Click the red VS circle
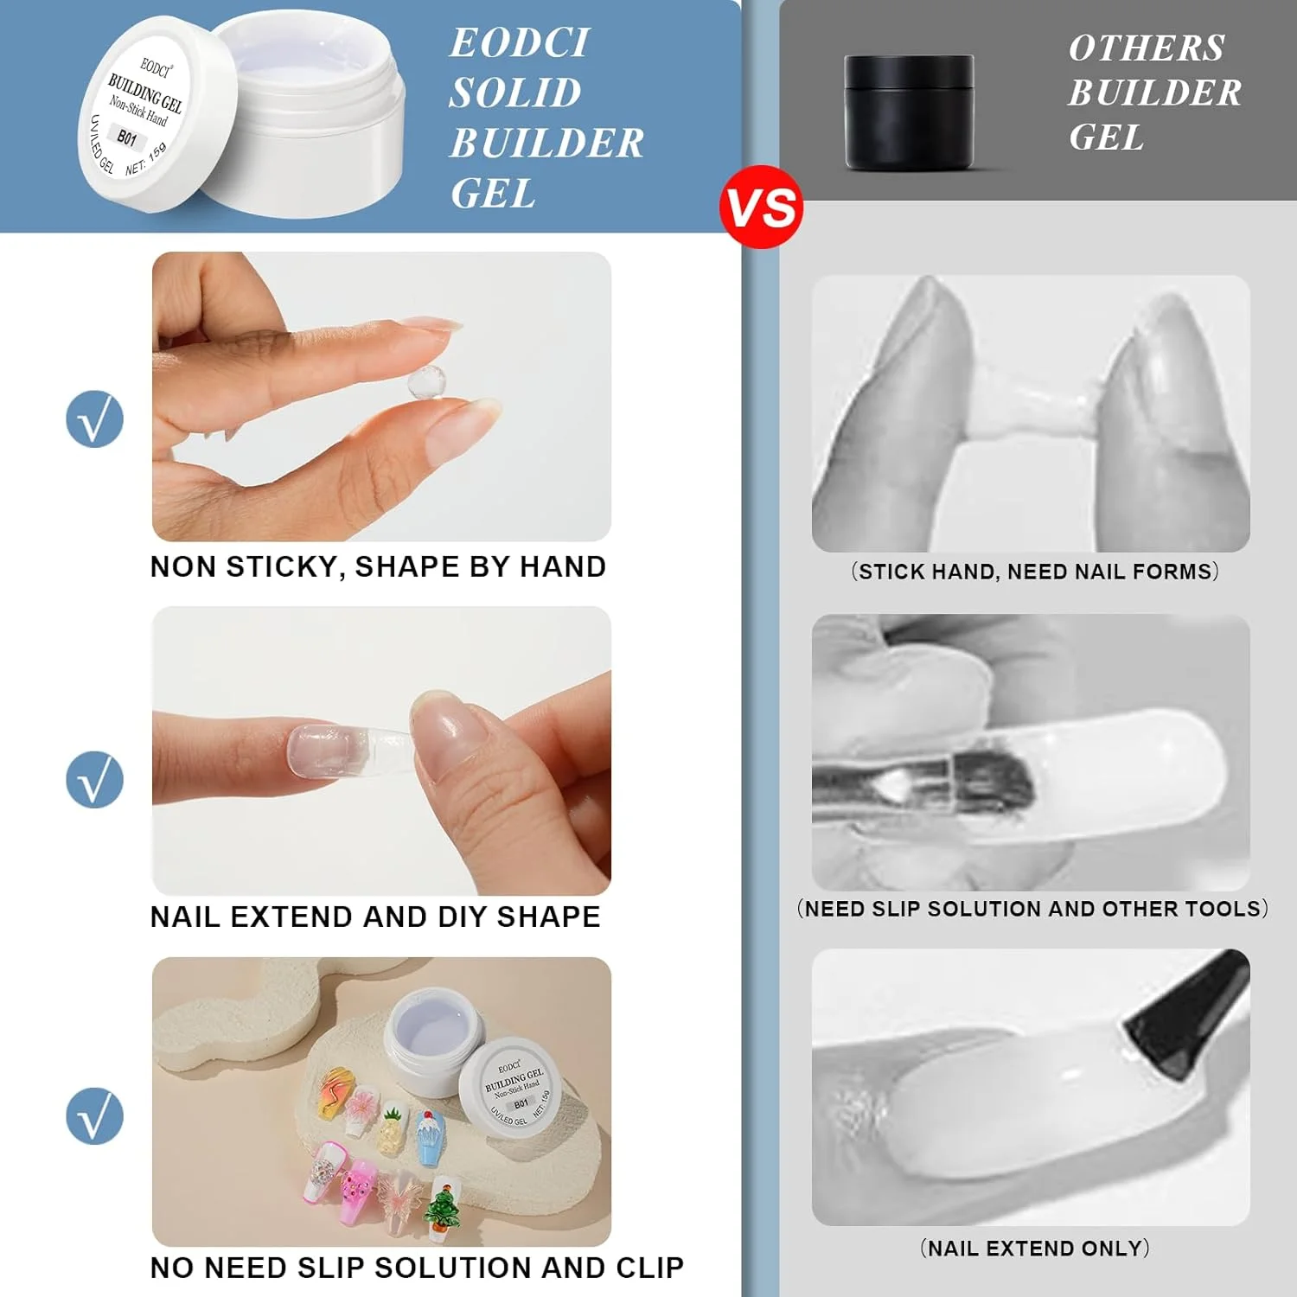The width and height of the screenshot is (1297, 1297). coord(761,208)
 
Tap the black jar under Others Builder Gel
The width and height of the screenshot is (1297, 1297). coord(909,112)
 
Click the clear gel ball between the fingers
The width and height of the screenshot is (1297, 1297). coord(427,383)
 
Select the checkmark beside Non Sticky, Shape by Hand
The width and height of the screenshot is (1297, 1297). coord(95,419)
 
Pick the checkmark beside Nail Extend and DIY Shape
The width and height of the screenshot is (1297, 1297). coord(95,779)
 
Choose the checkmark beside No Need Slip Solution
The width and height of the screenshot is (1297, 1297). coord(95,1115)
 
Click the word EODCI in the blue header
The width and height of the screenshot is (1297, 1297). coord(520,43)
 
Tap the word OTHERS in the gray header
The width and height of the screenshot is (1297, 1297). coord(1147,48)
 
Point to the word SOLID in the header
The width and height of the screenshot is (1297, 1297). coord(515,93)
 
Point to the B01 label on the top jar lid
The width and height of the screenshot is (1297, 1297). coord(128,138)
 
